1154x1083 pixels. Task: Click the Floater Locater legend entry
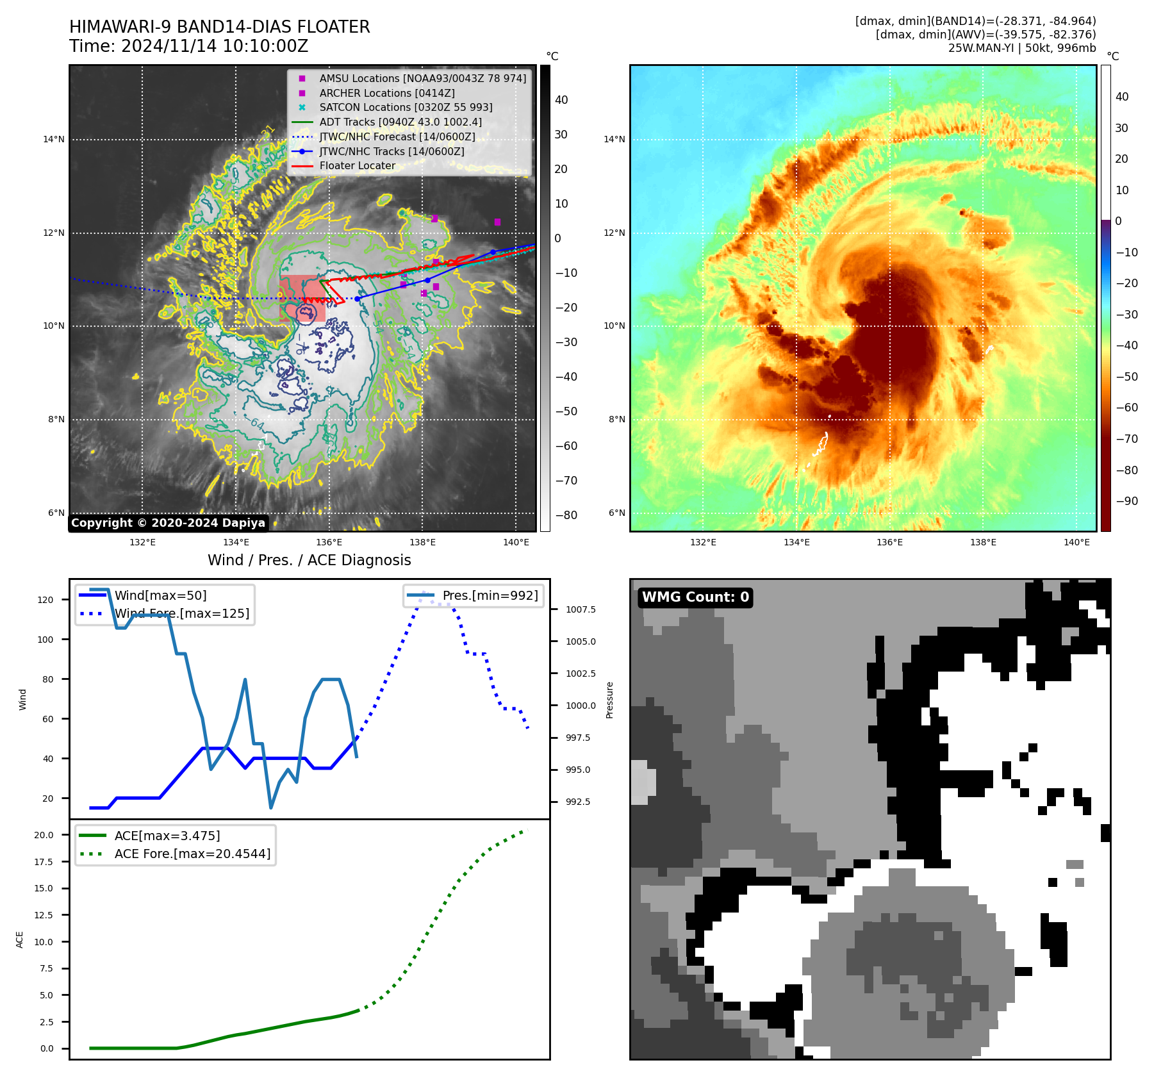pos(357,166)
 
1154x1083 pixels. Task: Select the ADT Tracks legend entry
pos(400,122)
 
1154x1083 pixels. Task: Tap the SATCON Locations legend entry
pos(406,108)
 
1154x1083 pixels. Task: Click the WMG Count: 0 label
pos(695,597)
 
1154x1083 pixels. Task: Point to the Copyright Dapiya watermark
pos(168,523)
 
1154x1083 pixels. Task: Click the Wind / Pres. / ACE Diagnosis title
pos(309,560)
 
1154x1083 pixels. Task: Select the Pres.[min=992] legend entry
pos(490,596)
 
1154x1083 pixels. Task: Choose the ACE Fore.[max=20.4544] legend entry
pos(192,854)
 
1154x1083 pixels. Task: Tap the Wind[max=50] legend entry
pos(160,596)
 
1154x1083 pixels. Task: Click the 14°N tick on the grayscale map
pos(54,140)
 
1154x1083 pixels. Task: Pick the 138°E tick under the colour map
pos(983,543)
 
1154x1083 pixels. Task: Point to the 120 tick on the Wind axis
pos(45,600)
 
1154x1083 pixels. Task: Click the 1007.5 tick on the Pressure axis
pos(581,610)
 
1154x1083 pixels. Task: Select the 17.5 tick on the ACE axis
pos(44,863)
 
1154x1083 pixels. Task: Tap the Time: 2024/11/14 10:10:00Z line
pos(188,47)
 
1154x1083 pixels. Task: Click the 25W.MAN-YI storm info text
pos(1021,49)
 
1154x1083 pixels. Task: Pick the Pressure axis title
pos(609,700)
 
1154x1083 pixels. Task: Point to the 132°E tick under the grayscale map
pos(142,543)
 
